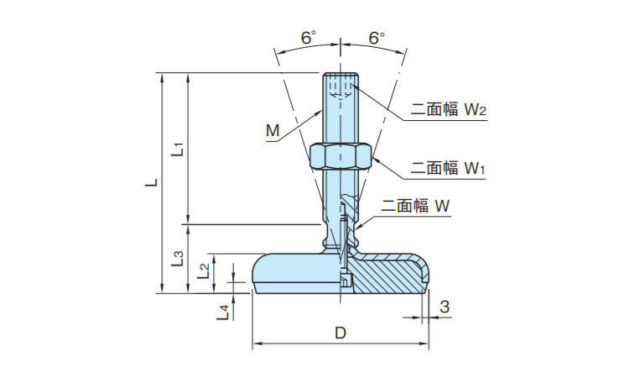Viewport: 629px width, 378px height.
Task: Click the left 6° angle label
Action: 309,39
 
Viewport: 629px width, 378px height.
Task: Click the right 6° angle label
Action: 377,39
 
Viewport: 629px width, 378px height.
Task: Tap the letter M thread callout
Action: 272,131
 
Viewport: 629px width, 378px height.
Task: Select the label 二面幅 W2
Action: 449,110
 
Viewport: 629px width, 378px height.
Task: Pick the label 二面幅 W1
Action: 449,169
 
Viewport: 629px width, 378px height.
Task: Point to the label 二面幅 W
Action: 416,206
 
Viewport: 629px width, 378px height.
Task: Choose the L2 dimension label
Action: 204,270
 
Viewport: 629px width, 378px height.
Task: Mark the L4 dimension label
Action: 223,312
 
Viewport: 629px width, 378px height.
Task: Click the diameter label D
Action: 340,333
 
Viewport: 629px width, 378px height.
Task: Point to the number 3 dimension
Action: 444,307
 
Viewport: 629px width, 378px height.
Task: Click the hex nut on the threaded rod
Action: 340,155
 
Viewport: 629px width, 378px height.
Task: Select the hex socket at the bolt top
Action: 340,88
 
